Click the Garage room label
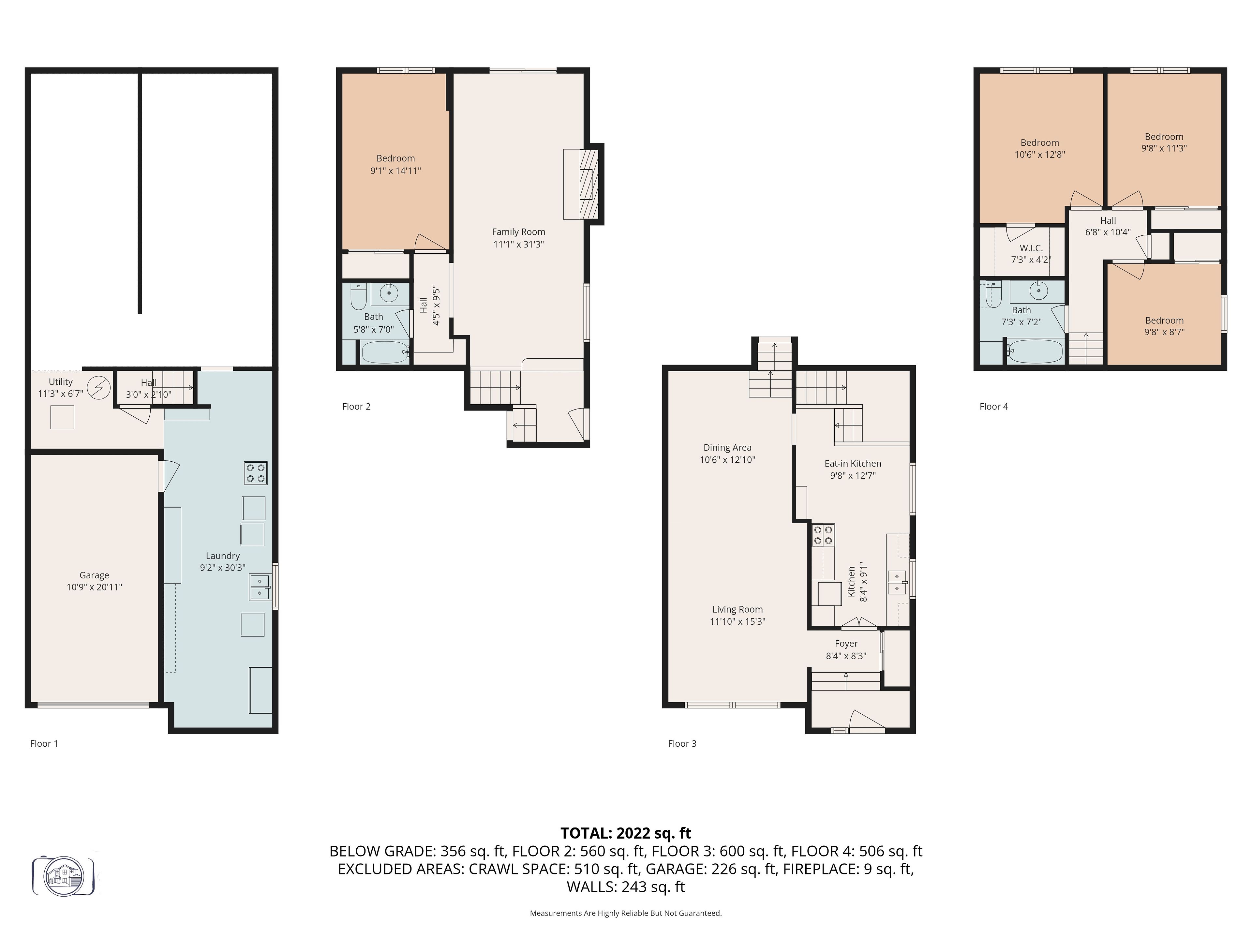pos(94,575)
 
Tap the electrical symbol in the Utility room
pos(99,388)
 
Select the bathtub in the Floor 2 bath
pos(385,352)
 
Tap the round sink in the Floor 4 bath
pos(1038,291)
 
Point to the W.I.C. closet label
pos(1031,248)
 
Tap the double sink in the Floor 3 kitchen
pos(897,582)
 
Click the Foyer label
pos(846,644)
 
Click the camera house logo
pos(63,876)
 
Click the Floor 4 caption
pos(993,406)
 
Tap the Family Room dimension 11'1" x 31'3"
pos(518,245)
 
